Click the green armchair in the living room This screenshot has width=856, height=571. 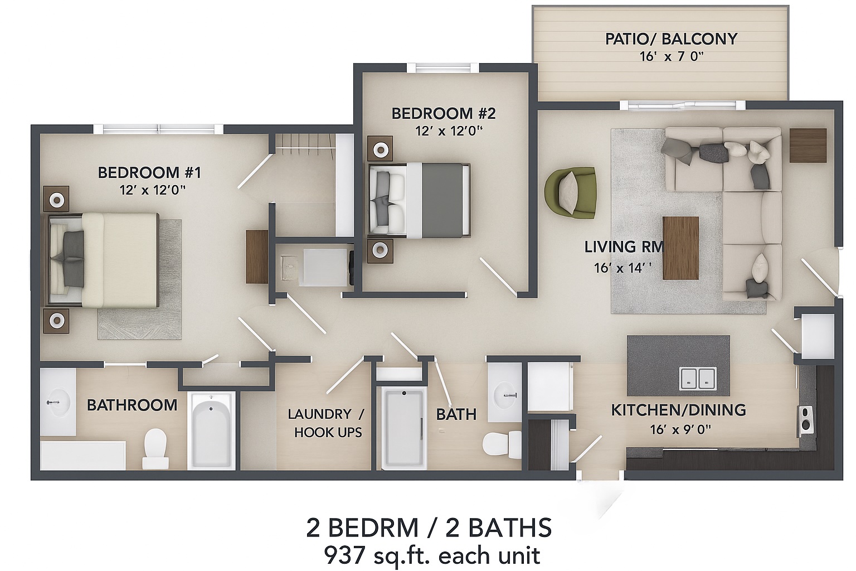coord(571,192)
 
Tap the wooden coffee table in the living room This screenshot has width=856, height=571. coord(680,248)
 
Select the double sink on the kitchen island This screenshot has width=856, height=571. coord(698,378)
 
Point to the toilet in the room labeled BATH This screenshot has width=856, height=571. coord(496,444)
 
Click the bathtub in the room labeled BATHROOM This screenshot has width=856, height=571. coord(211,430)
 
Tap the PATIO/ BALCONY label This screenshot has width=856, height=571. coord(671,39)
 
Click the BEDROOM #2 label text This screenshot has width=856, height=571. coord(443,114)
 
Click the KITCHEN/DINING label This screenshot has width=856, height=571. coord(678,410)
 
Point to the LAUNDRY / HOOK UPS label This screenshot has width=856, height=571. coord(327,423)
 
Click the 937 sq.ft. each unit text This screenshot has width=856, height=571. coord(431,555)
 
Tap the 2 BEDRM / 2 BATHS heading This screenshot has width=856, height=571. coord(429,528)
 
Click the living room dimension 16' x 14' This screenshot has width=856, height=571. coord(622,268)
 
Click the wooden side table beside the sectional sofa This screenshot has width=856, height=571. coord(808,146)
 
